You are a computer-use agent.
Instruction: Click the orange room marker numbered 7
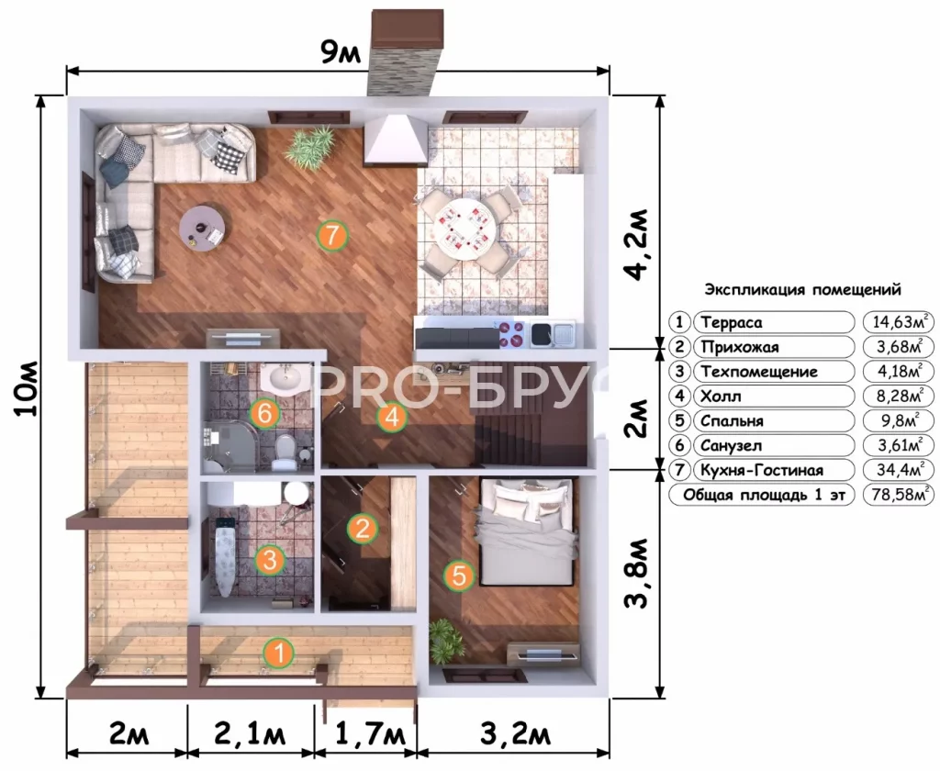click(332, 235)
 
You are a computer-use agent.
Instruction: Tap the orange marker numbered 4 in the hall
click(392, 418)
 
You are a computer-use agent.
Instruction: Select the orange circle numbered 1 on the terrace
click(279, 653)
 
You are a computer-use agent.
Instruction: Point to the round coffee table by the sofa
click(203, 229)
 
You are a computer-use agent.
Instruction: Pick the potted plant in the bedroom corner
click(446, 641)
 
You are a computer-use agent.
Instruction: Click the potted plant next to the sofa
click(309, 148)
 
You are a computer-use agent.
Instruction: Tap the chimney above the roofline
click(407, 52)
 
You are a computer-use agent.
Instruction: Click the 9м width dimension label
click(341, 54)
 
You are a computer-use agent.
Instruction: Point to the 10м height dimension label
click(28, 389)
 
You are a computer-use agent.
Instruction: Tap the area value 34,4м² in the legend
click(898, 469)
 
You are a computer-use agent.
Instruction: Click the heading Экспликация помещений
click(802, 290)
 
